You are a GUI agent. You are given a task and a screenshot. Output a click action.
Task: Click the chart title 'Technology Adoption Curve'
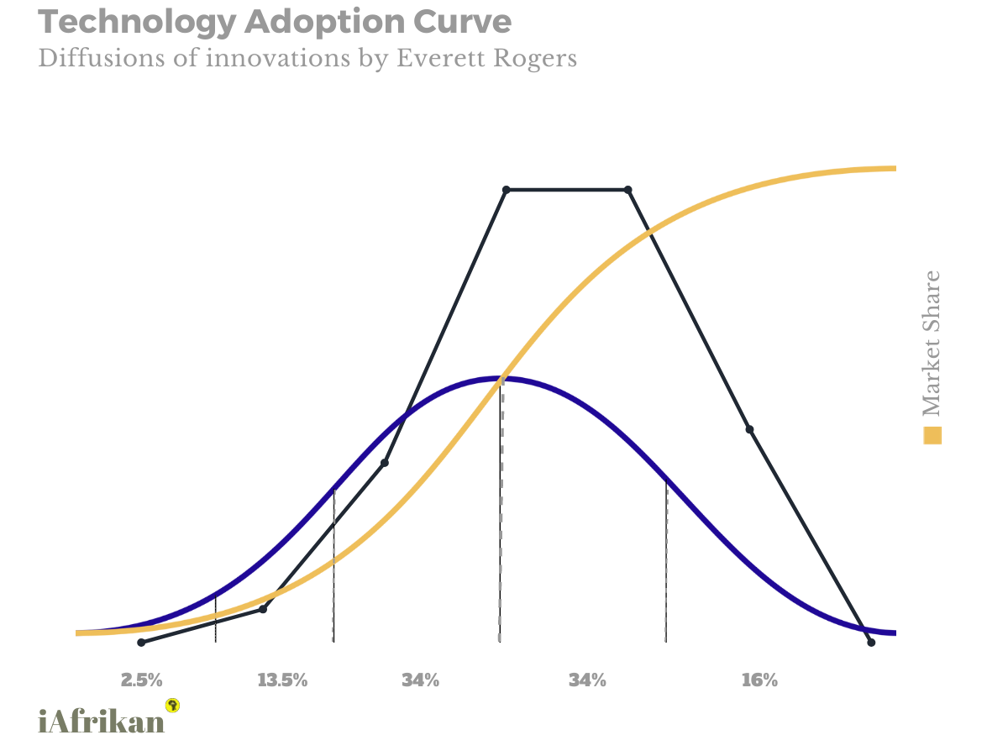click(x=275, y=23)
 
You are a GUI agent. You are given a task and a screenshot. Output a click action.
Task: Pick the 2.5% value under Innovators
click(x=142, y=680)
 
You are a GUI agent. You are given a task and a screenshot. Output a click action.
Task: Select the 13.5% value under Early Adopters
click(x=282, y=680)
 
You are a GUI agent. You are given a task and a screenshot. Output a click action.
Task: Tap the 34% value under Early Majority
click(x=420, y=680)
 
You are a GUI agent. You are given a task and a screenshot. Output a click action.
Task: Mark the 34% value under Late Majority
click(x=587, y=680)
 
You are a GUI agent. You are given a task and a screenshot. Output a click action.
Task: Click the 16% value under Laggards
click(x=759, y=680)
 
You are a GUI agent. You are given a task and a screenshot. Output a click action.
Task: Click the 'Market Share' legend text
click(x=932, y=344)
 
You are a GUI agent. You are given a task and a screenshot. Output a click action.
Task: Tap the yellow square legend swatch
click(x=932, y=436)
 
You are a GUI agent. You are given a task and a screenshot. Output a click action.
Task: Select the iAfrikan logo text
click(x=102, y=721)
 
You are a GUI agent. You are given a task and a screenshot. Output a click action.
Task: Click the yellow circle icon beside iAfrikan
click(x=174, y=705)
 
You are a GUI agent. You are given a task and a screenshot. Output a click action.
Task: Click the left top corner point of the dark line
click(x=506, y=190)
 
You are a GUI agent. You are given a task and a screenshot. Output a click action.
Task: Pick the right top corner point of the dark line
click(x=628, y=190)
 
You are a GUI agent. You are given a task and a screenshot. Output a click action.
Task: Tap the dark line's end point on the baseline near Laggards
click(x=871, y=642)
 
